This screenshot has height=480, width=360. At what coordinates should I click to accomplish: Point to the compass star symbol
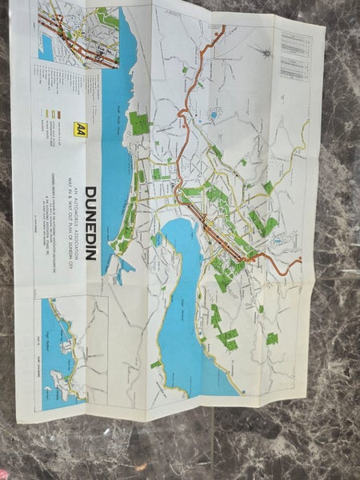point(262,49)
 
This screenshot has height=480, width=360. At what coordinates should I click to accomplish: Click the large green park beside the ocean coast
point(138,122)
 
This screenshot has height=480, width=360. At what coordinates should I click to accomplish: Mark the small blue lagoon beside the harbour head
point(158,239)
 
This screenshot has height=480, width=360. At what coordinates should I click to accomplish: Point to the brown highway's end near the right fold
point(301,260)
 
